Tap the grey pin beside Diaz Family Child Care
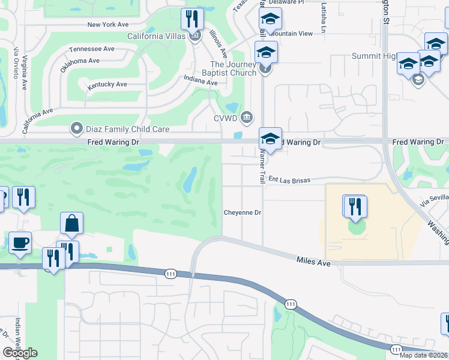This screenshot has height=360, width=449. click(x=76, y=128)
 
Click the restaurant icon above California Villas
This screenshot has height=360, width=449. click(x=192, y=19)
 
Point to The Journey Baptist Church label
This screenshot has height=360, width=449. click(x=234, y=69)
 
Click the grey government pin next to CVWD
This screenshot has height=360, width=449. click(x=246, y=116)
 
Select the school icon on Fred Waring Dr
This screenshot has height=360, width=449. click(x=270, y=140)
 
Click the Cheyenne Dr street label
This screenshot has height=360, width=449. click(x=243, y=212)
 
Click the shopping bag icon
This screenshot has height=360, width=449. click(x=71, y=224)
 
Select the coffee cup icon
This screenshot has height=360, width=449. click(x=20, y=243)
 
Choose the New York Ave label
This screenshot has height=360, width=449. click(x=108, y=25)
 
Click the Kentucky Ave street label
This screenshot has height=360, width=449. click(x=107, y=85)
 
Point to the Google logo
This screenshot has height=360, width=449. click(x=20, y=353)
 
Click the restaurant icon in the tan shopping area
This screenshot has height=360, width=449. click(x=355, y=206)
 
